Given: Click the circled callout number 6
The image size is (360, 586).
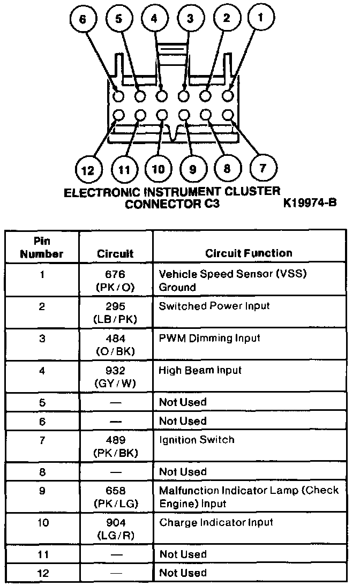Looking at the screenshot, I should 82,19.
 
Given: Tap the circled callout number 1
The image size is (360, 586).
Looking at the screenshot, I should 261,18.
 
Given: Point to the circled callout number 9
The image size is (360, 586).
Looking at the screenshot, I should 192,170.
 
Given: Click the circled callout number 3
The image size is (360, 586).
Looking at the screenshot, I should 190,19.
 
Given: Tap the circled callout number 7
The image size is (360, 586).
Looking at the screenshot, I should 262,169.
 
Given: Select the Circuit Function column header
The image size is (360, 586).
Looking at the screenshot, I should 249,253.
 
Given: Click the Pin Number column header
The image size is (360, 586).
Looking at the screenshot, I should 42,247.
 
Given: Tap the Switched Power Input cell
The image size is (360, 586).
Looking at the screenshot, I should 214,306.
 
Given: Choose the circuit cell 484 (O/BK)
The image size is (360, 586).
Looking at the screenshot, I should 116,344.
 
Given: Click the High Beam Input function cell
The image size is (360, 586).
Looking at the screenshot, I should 200,370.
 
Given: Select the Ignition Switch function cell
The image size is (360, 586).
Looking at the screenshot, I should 197,440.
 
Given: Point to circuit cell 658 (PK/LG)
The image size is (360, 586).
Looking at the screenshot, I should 116,497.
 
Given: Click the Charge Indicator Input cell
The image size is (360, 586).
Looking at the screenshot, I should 216,522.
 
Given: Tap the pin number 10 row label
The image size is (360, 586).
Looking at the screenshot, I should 42,522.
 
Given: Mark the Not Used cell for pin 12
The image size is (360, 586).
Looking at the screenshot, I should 183,573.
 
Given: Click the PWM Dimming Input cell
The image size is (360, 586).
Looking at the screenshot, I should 209,338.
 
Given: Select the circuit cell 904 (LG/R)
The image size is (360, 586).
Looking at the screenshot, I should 116,529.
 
